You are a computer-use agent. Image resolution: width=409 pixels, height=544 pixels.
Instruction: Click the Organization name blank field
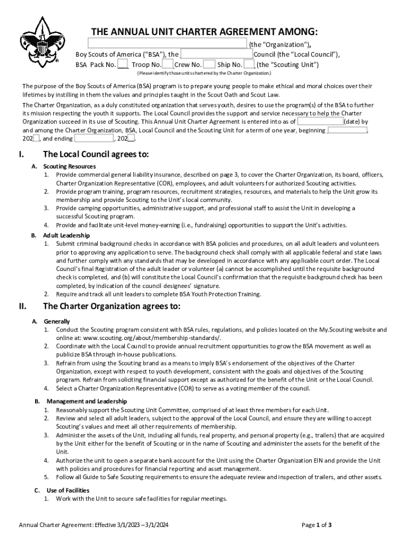(167, 44)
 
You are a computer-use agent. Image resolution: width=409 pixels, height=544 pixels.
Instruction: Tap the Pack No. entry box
(123, 65)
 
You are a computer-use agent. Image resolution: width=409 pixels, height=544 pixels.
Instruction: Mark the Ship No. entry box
(249, 65)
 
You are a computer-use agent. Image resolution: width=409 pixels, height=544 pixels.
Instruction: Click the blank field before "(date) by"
(320, 121)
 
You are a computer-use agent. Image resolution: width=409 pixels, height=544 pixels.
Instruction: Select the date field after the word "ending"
(94, 139)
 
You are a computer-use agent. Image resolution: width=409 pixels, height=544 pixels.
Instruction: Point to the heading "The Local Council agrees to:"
(96, 155)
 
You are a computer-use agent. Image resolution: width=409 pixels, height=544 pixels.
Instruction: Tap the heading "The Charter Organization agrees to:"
(112, 306)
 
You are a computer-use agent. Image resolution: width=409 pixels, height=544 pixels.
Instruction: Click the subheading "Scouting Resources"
(70, 166)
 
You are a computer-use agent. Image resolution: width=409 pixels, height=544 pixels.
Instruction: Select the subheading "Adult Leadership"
(66, 235)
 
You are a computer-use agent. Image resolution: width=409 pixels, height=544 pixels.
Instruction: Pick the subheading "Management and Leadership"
(87, 401)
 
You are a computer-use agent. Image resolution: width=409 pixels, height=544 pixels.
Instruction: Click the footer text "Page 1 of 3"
(317, 525)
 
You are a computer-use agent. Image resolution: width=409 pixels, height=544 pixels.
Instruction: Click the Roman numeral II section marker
(23, 306)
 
